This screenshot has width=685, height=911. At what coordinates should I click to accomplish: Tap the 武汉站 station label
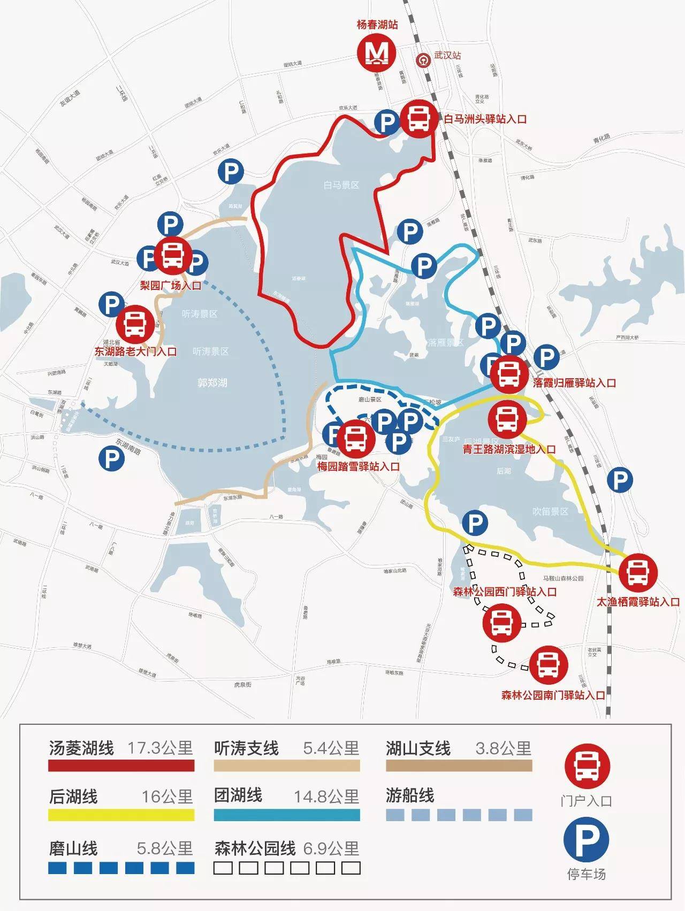coord(447,56)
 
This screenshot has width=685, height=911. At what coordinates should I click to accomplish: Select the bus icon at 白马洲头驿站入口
coord(418,118)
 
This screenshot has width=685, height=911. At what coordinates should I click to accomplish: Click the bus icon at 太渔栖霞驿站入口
coord(638,572)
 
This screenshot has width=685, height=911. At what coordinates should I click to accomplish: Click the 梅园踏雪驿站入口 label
coord(358,466)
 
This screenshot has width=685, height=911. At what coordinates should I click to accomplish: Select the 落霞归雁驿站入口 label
coord(574,383)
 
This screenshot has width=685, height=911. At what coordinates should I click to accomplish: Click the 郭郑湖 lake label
coord(212,382)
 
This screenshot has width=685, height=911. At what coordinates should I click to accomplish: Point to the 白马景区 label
coord(341,185)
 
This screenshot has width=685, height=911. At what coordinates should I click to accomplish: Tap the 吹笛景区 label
coord(550,511)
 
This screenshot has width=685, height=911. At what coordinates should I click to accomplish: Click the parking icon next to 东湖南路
coord(112,459)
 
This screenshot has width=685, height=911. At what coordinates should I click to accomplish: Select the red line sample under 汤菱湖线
coord(121,766)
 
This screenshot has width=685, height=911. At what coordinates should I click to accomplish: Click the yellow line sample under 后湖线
coord(121,815)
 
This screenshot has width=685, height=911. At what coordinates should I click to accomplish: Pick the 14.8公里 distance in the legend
coord(326,797)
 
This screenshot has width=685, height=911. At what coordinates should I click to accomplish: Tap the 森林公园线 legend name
coord(255,848)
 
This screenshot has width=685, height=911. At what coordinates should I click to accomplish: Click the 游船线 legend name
coord(410,795)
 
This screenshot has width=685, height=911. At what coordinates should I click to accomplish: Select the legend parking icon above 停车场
coord(587,841)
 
